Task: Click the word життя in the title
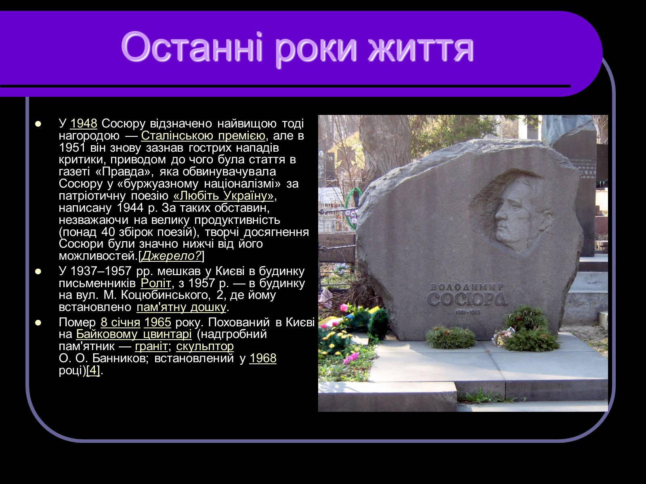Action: (x=421, y=48)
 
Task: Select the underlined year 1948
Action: (x=84, y=123)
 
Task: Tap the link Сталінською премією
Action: (x=203, y=136)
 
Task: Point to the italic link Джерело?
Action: (x=171, y=256)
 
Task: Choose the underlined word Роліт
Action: (x=156, y=283)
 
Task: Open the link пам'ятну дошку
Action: (x=181, y=307)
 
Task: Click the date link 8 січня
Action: (x=120, y=322)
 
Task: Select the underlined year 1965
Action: (x=157, y=322)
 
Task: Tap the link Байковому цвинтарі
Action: (x=134, y=334)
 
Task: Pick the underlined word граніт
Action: (x=151, y=346)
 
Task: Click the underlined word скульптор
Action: (x=205, y=346)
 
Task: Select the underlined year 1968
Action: (x=263, y=358)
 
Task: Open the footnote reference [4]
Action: (x=93, y=371)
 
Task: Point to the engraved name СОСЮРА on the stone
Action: (x=468, y=299)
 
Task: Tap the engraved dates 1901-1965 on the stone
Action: (x=468, y=312)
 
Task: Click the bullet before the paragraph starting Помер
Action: (x=38, y=323)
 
